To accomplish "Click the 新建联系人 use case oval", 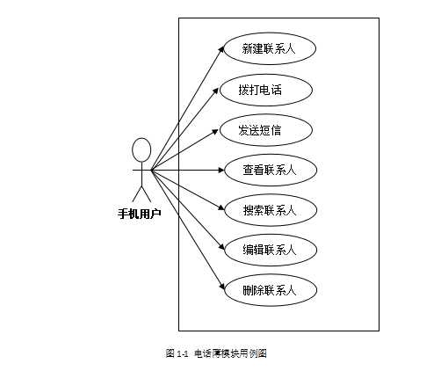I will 268,49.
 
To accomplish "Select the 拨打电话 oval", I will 261,90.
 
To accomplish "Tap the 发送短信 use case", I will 261,130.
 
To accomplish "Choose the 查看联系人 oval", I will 268,170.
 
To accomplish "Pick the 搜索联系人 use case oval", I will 268,210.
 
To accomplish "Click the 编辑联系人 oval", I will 268,250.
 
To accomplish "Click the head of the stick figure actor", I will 141,146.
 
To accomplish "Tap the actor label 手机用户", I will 140,213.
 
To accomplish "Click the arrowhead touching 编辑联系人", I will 219,247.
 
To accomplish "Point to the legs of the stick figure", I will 141,192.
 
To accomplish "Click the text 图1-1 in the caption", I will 177,353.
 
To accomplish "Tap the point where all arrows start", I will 151,169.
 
